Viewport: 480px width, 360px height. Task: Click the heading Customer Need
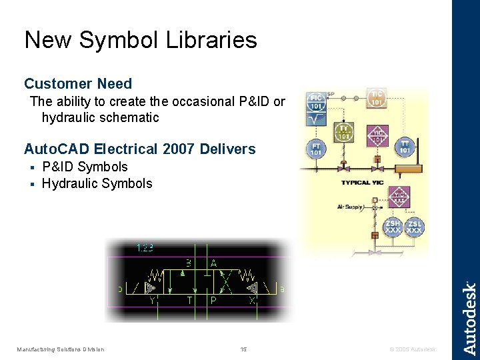point(78,84)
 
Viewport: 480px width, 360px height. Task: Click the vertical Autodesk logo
point(469,318)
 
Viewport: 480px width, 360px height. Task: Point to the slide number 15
point(243,349)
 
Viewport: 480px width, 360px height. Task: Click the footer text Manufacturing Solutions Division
point(61,349)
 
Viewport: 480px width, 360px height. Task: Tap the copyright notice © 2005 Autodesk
point(411,349)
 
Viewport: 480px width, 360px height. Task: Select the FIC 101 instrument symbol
point(316,102)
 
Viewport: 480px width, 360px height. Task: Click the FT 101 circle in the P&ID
point(316,149)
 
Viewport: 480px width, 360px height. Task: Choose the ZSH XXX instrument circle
point(393,226)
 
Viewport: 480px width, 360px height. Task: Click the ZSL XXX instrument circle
point(414,226)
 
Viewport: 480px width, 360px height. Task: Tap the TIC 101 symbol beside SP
point(377,98)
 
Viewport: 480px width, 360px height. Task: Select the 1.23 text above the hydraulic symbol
point(145,248)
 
